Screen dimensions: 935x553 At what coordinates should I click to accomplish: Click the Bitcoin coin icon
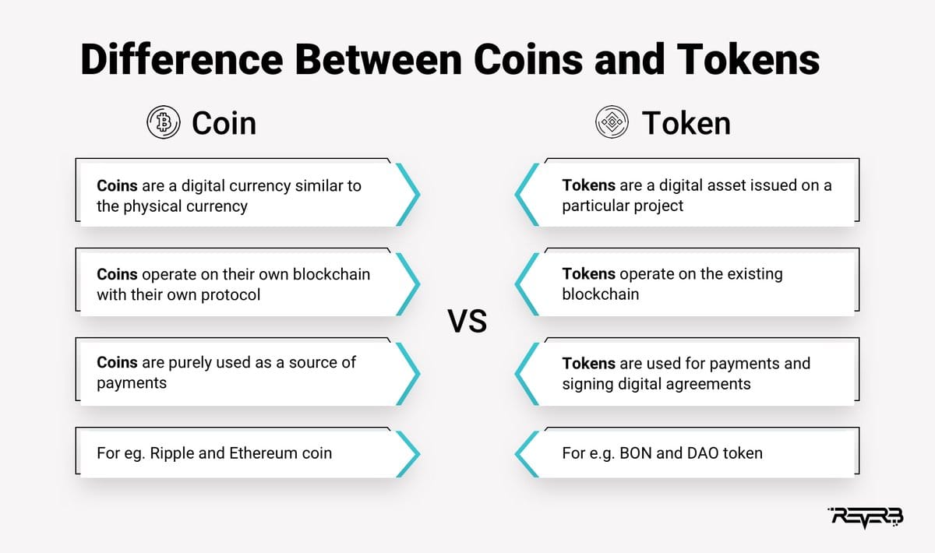(x=164, y=122)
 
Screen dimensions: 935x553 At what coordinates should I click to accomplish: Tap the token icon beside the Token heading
(x=612, y=122)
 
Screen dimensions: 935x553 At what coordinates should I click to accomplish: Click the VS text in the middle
(x=467, y=321)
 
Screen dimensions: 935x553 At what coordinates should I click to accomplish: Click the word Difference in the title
(x=182, y=59)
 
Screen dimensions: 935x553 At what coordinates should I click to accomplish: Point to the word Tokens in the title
(x=748, y=59)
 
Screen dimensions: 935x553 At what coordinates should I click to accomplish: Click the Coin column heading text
(x=224, y=123)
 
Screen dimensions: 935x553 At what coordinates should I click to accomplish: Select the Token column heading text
(x=686, y=123)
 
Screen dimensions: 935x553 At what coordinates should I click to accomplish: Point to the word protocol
(x=231, y=295)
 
